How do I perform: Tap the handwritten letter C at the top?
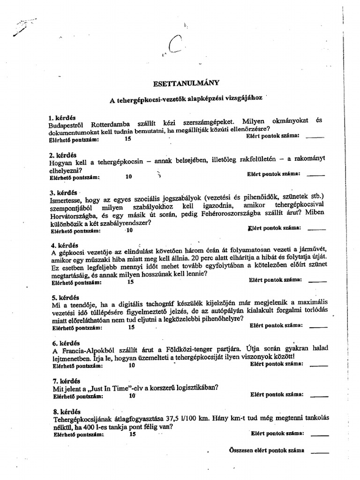[174, 46]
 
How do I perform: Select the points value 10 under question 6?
[132, 365]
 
